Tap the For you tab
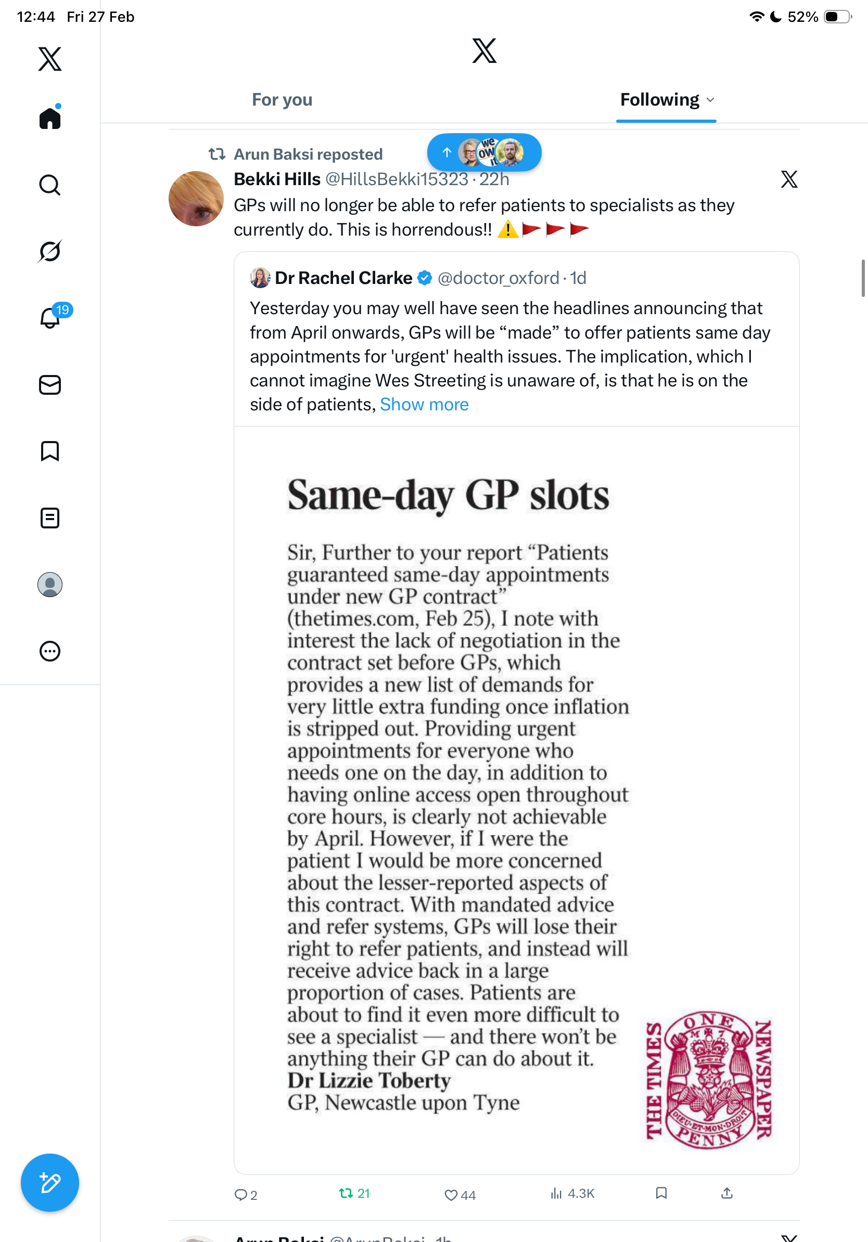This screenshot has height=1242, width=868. coord(282,100)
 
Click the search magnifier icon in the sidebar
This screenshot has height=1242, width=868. coord(50,185)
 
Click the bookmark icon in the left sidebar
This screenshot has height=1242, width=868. coord(50,451)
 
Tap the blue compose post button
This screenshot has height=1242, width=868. coord(50,1183)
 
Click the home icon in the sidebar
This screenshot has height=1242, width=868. coord(50,118)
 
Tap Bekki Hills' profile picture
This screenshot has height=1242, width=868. coord(196,199)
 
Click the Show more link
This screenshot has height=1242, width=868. coord(424,405)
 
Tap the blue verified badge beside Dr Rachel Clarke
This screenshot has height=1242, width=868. coord(425,278)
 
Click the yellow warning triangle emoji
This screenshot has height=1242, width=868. coord(507,229)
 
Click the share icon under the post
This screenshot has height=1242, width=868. coord(727,1193)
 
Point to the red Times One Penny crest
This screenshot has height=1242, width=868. coord(709,1079)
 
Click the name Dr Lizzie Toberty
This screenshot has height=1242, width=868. coord(369,1080)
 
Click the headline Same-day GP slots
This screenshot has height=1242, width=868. coord(448,495)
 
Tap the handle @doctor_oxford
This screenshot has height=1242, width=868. coord(498,278)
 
